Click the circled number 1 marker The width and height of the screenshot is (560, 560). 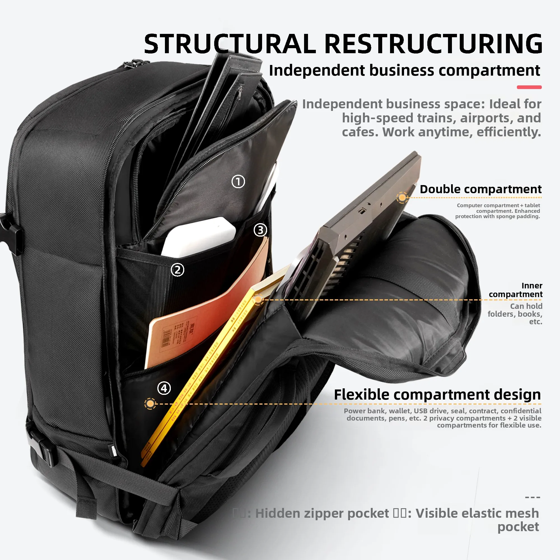coord(238,182)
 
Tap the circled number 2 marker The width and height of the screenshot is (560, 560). coord(178,270)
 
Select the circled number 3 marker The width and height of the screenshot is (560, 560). coord(260,230)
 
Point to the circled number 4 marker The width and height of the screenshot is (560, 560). coord(164,388)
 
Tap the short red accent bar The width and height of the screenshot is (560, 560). coord(529,87)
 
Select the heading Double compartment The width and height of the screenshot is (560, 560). coord(480,189)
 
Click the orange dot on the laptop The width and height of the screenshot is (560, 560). coord(402,198)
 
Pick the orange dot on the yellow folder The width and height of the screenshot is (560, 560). coord(258,299)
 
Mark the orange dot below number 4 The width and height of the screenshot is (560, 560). coord(150,403)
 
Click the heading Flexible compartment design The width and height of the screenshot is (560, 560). coord(437,395)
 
